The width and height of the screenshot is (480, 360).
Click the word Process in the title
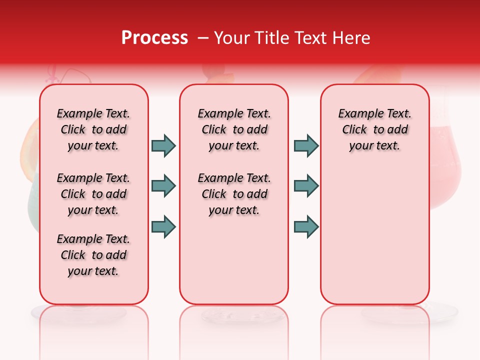[154, 37]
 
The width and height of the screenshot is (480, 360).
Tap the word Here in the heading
[351, 37]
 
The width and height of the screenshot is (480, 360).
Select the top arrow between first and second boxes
[163, 145]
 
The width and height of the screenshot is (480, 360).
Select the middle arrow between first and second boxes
[163, 186]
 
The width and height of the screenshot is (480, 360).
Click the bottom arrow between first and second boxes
[163, 227]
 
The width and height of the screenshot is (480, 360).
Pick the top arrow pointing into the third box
[306, 145]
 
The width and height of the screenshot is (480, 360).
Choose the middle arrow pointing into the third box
[306, 186]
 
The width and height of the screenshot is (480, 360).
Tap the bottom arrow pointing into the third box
[306, 227]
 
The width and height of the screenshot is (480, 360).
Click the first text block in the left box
[93, 129]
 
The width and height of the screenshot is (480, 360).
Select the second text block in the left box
[93, 194]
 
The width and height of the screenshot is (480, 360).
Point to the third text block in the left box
[93, 255]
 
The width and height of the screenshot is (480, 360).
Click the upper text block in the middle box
[234, 129]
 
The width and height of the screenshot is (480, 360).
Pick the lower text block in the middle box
[234, 194]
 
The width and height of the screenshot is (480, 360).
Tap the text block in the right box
[374, 129]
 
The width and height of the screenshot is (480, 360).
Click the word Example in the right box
[356, 113]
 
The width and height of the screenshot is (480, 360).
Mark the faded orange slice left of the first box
[30, 150]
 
